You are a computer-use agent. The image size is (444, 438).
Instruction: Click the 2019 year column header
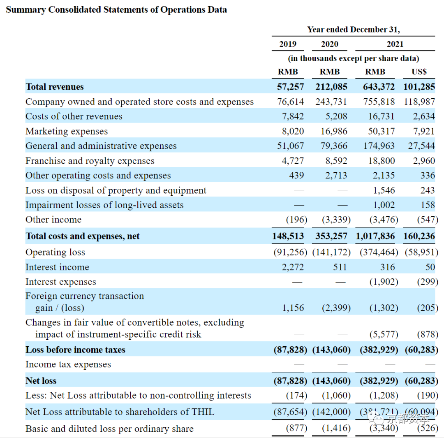288,44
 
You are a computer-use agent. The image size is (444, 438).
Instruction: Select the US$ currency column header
419,72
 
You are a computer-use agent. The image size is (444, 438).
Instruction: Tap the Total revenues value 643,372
379,87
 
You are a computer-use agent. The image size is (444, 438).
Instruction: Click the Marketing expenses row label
67,132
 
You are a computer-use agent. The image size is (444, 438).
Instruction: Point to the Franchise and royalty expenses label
90,161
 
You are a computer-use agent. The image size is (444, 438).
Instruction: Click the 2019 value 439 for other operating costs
296,175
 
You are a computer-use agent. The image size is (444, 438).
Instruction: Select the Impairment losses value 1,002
384,205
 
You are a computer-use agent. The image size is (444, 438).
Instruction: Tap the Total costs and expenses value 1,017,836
375,236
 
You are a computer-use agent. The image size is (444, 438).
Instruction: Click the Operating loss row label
55,253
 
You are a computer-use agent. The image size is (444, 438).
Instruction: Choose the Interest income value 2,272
293,267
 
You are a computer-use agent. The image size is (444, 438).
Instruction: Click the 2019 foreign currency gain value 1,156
293,308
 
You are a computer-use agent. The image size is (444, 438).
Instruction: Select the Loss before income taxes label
75,350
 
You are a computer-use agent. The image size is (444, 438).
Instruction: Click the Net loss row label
41,381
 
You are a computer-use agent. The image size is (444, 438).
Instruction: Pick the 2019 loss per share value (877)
296,428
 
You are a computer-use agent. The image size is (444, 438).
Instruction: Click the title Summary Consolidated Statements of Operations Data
116,10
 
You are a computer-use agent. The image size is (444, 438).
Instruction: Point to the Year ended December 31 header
354,30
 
